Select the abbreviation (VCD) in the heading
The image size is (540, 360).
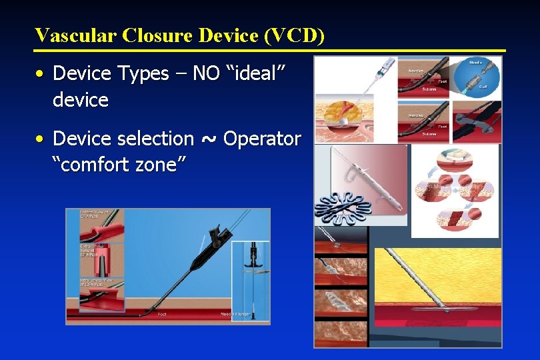click(x=294, y=35)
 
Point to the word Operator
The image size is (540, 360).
click(x=262, y=139)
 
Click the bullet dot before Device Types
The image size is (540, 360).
click(x=41, y=74)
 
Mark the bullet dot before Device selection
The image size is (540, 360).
click(x=41, y=139)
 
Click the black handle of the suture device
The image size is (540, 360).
click(x=216, y=237)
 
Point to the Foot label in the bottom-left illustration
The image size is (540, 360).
click(x=162, y=313)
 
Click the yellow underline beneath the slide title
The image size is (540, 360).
click(x=270, y=51)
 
